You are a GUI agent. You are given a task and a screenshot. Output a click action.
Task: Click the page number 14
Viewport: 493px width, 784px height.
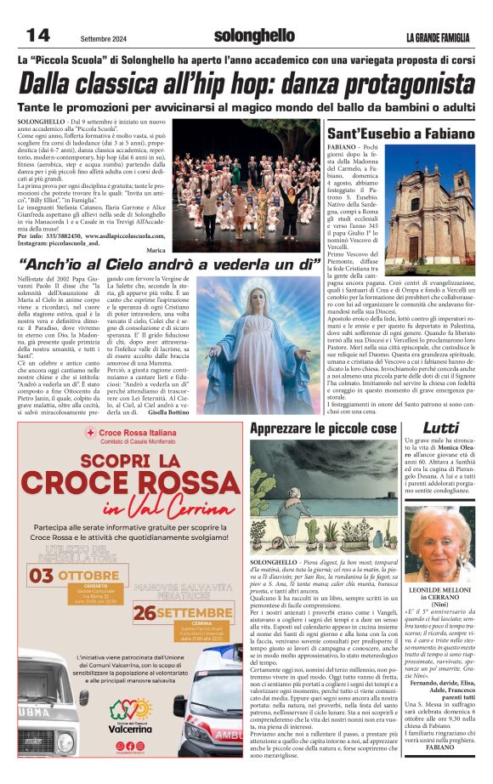point(39,35)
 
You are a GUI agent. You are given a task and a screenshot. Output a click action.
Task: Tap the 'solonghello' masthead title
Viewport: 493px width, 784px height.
point(254,36)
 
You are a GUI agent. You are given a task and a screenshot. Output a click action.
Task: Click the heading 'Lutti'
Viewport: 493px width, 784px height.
point(441,427)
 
